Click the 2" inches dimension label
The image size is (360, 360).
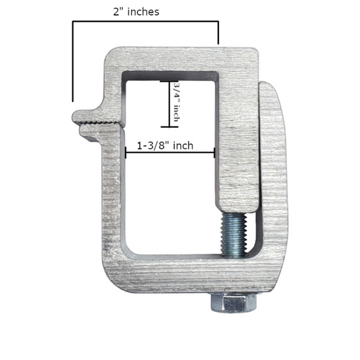click(136, 11)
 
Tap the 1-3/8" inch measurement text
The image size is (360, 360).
click(165, 145)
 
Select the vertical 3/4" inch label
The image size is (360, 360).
click(177, 103)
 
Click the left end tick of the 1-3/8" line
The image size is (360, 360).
click(126, 152)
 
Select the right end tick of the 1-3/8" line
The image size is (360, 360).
click(215, 152)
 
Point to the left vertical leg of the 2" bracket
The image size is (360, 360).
click(72, 61)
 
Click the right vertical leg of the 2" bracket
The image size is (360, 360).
click(218, 32)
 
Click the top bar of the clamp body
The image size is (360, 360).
click(182, 58)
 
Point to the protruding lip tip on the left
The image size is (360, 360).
click(76, 117)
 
